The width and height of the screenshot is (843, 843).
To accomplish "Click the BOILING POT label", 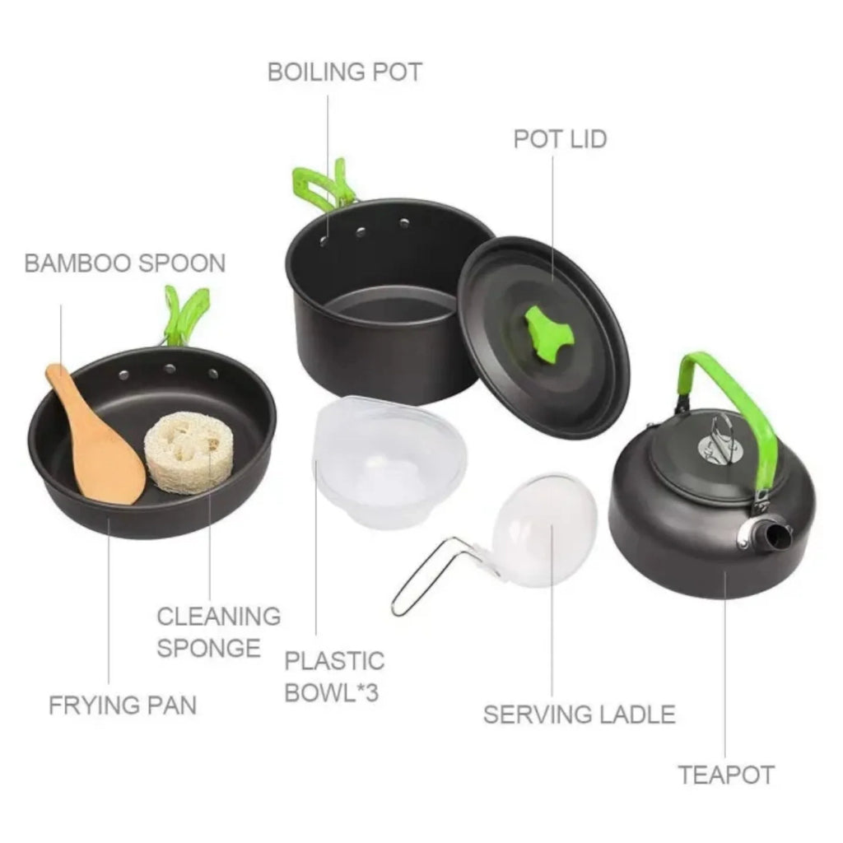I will click(344, 72).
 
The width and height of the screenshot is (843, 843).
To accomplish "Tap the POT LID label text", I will click(560, 139).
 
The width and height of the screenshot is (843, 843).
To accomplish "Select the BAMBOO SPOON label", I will click(124, 263).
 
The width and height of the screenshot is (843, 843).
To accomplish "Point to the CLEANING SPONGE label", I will click(218, 631).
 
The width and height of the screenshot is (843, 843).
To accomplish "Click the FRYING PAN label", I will click(123, 706).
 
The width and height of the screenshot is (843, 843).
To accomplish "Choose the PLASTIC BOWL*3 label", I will click(333, 676).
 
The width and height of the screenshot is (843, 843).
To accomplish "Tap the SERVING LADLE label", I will click(579, 714).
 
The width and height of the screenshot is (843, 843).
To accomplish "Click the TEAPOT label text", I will click(726, 775).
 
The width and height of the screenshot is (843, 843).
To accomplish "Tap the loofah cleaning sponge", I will click(188, 452).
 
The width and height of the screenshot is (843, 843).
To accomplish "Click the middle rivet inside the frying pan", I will click(169, 369).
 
